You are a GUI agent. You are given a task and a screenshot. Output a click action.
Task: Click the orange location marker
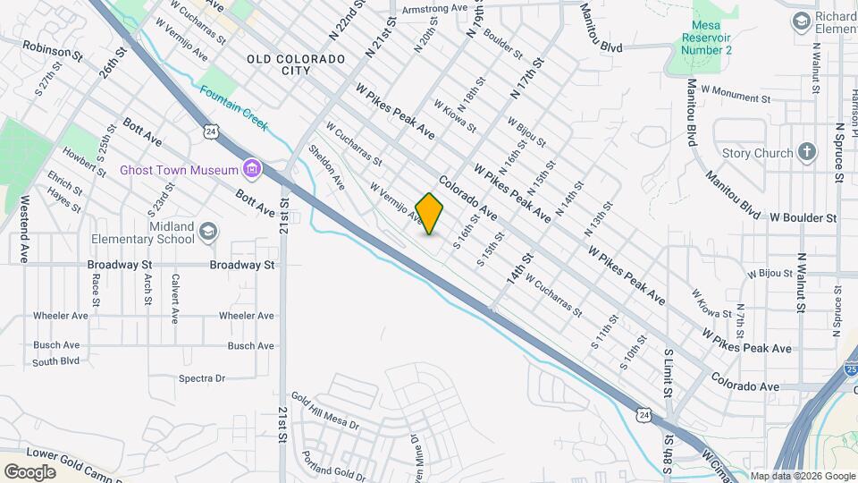click(429, 214)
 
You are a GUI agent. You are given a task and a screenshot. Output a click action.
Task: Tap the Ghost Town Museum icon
click(252, 169)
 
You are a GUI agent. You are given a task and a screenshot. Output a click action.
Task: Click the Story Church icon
click(806, 152)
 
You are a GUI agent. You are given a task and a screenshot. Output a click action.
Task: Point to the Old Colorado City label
click(296, 65)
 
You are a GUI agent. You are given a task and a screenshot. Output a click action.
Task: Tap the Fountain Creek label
click(233, 107)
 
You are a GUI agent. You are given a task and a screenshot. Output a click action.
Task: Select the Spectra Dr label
click(202, 378)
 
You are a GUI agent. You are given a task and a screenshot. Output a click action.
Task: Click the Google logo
click(29, 471)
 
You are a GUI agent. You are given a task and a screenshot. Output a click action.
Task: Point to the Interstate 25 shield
click(851, 369)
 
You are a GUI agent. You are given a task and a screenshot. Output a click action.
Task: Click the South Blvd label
click(56, 361)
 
